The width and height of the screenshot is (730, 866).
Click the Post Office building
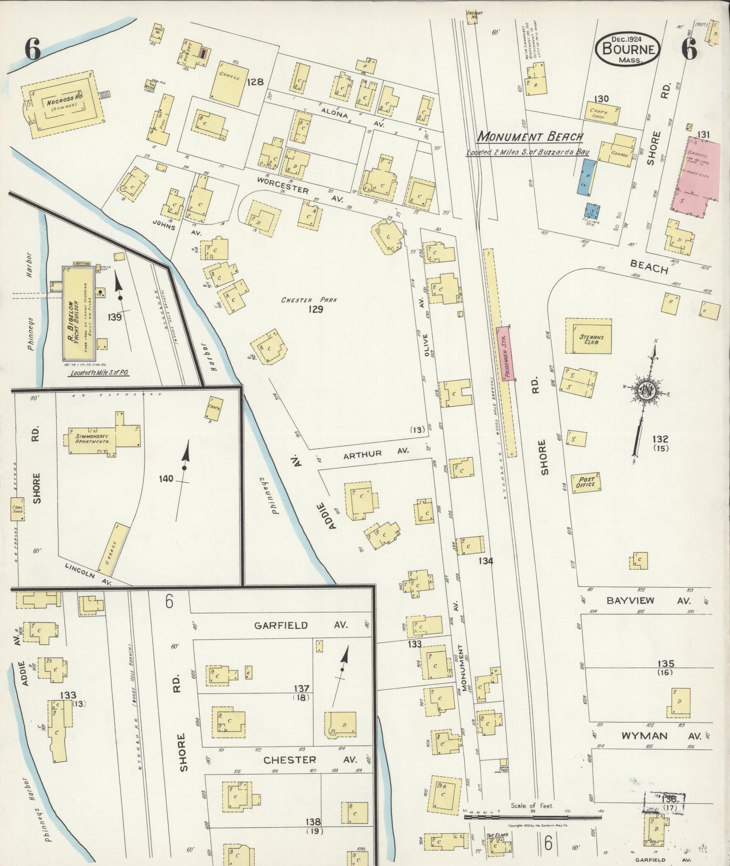pyautogui.click(x=586, y=483)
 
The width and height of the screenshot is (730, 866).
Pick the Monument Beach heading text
pyautogui.click(x=530, y=136)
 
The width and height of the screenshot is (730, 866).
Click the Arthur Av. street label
pyautogui.click(x=376, y=453)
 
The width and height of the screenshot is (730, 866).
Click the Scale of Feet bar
pyautogui.click(x=534, y=818)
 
